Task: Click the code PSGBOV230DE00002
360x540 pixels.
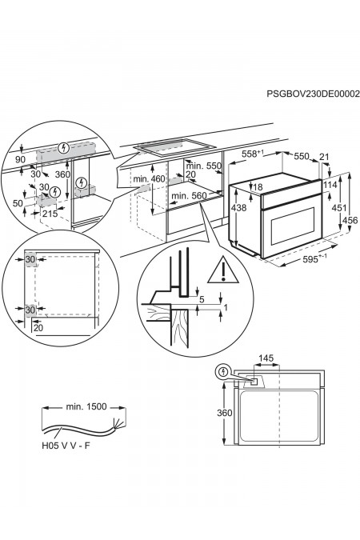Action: click(x=313, y=94)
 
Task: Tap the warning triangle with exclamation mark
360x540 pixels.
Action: click(x=223, y=270)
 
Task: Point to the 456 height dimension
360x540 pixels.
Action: click(x=350, y=220)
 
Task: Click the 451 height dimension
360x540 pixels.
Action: click(x=339, y=208)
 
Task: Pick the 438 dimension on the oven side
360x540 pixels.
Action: click(x=238, y=207)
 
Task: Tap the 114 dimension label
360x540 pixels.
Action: click(x=330, y=185)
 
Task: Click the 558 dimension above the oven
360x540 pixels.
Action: click(x=253, y=154)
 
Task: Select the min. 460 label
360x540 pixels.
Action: click(x=149, y=178)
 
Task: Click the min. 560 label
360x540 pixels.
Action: click(x=189, y=196)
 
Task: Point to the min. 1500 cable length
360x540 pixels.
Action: click(x=86, y=406)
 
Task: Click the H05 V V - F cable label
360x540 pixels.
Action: click(x=66, y=446)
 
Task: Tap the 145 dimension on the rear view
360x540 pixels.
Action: click(x=266, y=358)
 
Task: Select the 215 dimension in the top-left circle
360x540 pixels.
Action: click(x=50, y=214)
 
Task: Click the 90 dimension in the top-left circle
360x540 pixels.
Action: click(x=21, y=159)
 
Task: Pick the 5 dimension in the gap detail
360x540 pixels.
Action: click(x=202, y=300)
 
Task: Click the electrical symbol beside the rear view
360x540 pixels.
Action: click(x=224, y=371)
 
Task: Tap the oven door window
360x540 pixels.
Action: click(x=293, y=226)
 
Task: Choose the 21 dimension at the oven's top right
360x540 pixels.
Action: click(x=324, y=157)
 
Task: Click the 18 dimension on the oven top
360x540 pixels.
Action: click(x=258, y=187)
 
